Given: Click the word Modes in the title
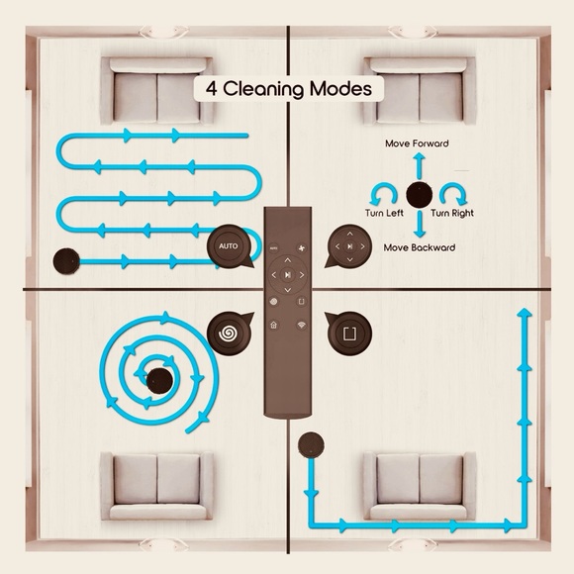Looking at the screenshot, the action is pos(340,89).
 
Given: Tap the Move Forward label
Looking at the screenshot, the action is pos(417,143).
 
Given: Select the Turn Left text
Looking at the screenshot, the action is pos(384,213).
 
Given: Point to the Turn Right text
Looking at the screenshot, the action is pos(452,213).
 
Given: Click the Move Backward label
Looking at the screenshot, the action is pos(420,247).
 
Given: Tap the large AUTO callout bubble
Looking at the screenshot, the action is pos(230,246).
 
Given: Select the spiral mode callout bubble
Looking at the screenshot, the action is pos(230,333).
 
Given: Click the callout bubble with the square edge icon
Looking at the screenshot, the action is pos(349,334).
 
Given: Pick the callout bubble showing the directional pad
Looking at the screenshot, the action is pos(349,246).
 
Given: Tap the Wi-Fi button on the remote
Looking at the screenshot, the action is pos(301,325).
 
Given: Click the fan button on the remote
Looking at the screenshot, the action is pos(302,248).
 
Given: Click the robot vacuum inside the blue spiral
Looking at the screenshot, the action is pos(159,381).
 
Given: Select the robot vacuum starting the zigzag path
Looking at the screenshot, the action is pos(66,261).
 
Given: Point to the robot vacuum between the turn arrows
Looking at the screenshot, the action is pos(420,194).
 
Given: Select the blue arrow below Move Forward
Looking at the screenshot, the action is pos(420,166).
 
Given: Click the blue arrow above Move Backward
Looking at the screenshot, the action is pos(420,224).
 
